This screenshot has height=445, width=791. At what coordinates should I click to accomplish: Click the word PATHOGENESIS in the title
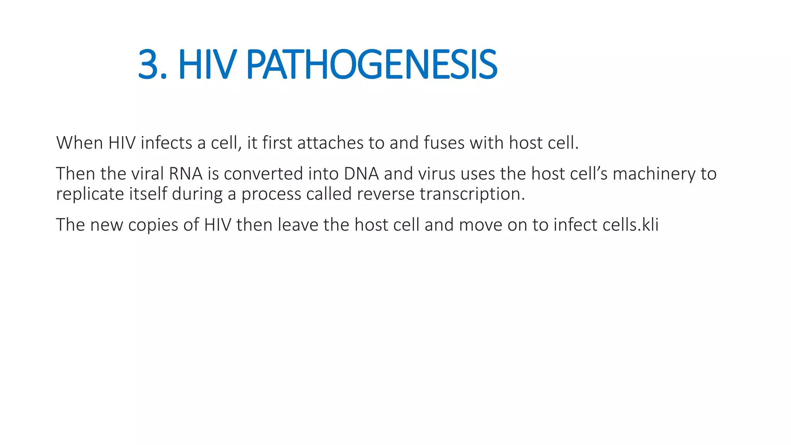[372, 65]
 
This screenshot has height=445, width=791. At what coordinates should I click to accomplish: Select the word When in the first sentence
[80, 143]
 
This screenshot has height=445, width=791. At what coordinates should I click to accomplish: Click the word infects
[166, 143]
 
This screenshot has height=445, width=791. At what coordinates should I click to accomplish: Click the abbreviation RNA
[186, 174]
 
